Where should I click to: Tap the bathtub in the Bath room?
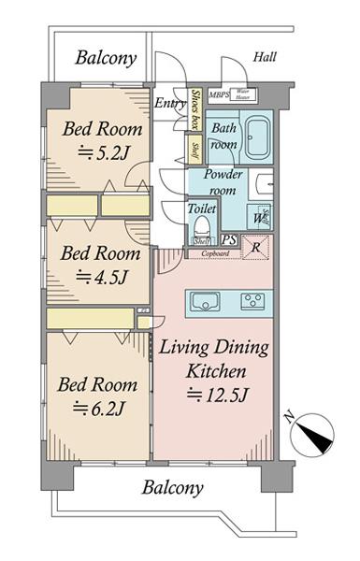[x=255, y=140]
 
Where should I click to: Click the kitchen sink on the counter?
[x=204, y=300]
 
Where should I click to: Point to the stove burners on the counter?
[x=252, y=300]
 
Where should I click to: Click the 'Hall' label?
[x=265, y=58]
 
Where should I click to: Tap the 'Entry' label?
[x=171, y=103]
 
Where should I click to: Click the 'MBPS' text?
[x=220, y=94]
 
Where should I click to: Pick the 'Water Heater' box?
[x=241, y=94]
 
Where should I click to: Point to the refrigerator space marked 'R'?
[x=253, y=247]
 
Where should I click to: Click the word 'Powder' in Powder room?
[x=223, y=174]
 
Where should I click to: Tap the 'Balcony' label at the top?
[x=106, y=58]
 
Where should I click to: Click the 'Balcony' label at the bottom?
[x=172, y=487]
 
